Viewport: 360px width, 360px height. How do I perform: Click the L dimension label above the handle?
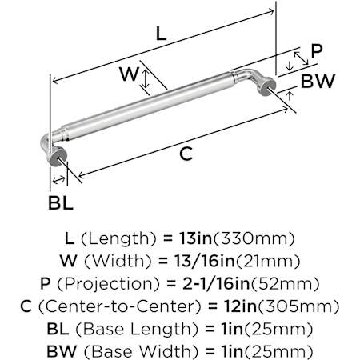coord(161,34)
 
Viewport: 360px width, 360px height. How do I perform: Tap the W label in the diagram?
coord(130,74)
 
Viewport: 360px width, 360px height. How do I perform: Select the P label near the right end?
coord(317,51)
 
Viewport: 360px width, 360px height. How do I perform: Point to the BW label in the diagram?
coord(318,81)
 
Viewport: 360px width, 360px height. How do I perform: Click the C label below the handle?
coord(186,154)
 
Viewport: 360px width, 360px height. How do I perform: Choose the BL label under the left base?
coord(61,202)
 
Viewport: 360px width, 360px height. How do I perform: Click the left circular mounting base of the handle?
coord(57,158)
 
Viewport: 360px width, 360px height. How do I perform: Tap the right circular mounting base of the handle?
coord(267,86)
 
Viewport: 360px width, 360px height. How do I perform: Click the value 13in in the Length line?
coord(195,238)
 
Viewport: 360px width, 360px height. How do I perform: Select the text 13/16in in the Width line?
coord(205,261)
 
